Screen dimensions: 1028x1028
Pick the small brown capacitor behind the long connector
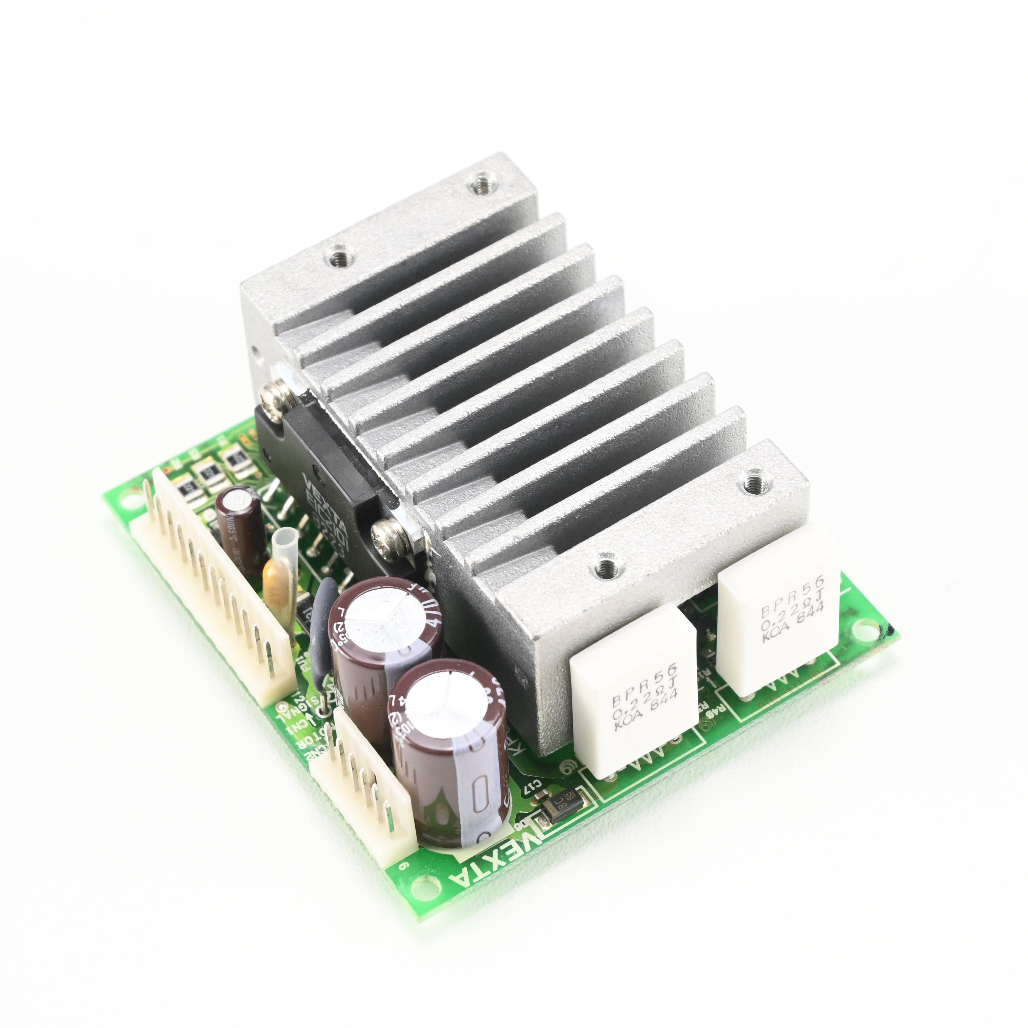[x=238, y=519]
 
